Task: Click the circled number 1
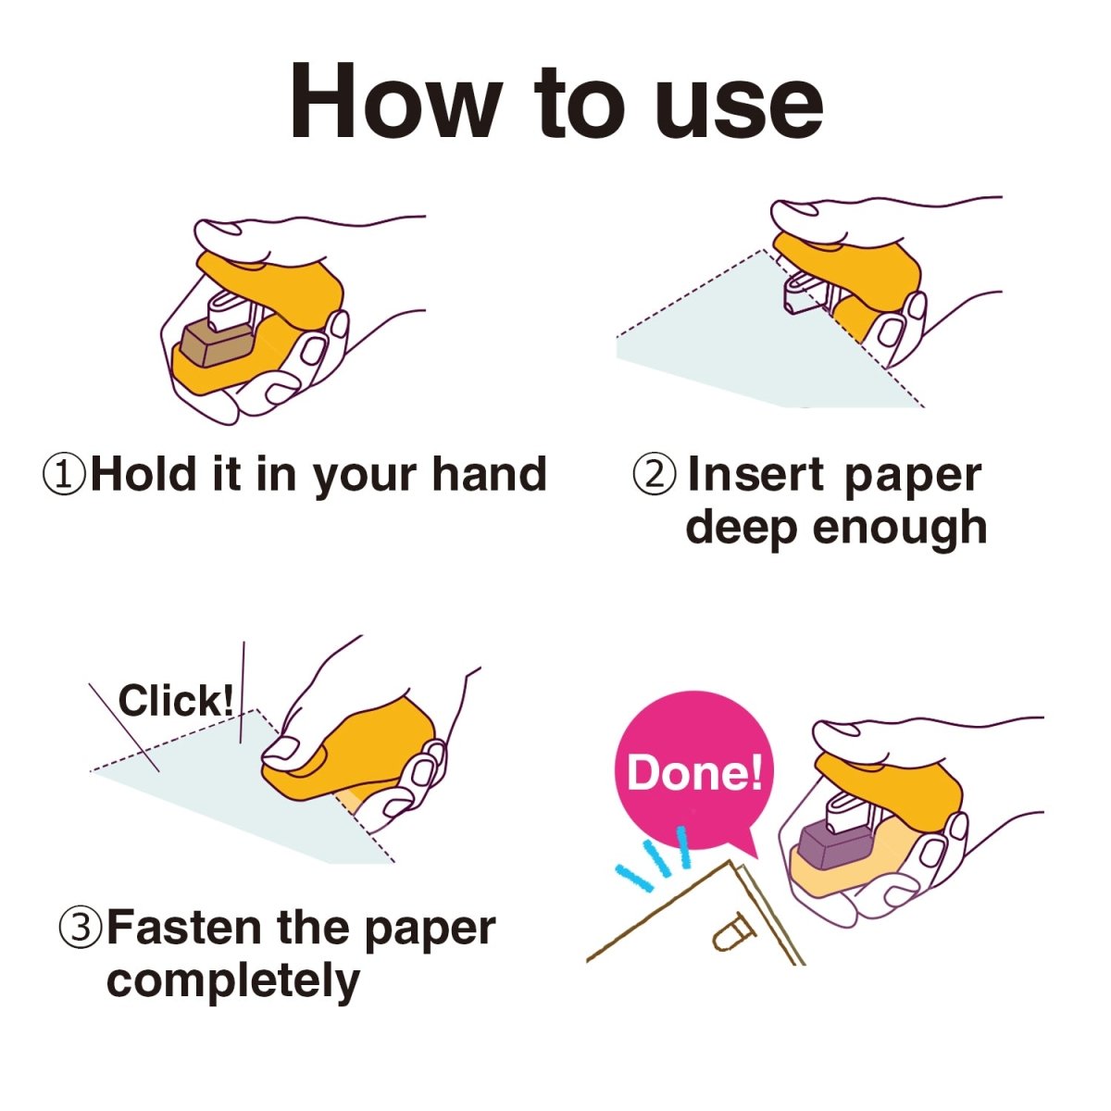(64, 476)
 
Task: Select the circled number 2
(654, 476)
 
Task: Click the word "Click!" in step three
(177, 701)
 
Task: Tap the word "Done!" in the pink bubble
(694, 773)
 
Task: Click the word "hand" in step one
(489, 474)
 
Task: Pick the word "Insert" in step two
(756, 474)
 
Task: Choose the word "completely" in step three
(233, 982)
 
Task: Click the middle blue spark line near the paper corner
(656, 858)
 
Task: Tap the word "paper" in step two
(913, 478)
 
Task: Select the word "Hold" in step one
(144, 474)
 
